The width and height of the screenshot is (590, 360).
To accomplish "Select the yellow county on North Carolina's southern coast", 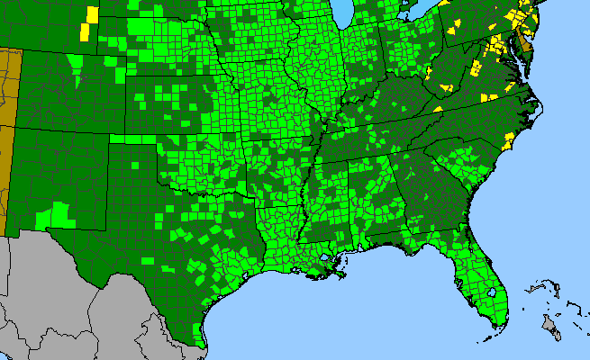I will pos(505,142).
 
